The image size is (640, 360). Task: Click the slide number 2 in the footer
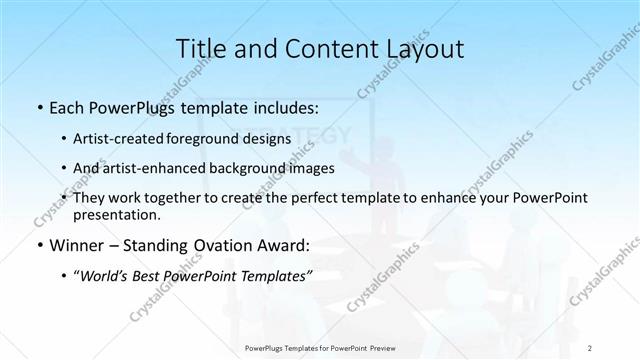point(593,348)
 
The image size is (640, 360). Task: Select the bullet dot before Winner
point(39,245)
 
